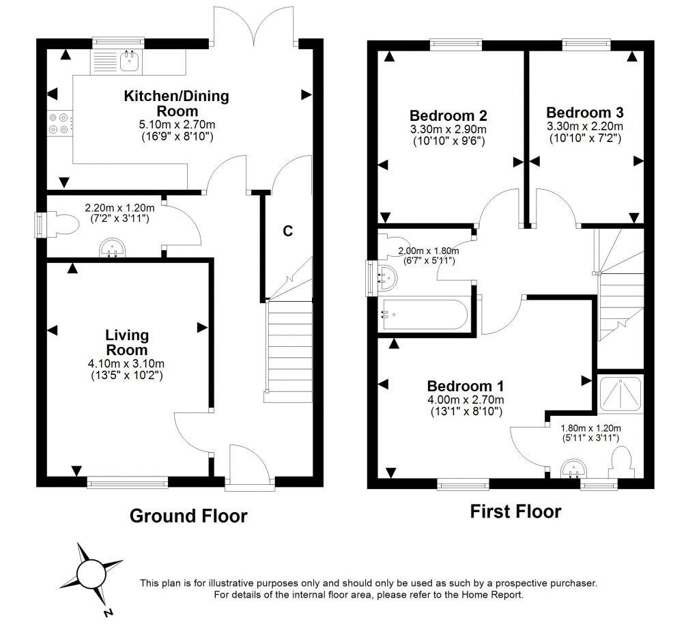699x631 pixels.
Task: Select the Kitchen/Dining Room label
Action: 176,103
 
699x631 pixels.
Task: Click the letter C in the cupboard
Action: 288,231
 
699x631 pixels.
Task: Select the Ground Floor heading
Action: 188,516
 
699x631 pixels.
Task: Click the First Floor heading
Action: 515,511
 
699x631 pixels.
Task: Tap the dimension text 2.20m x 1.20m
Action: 119,208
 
